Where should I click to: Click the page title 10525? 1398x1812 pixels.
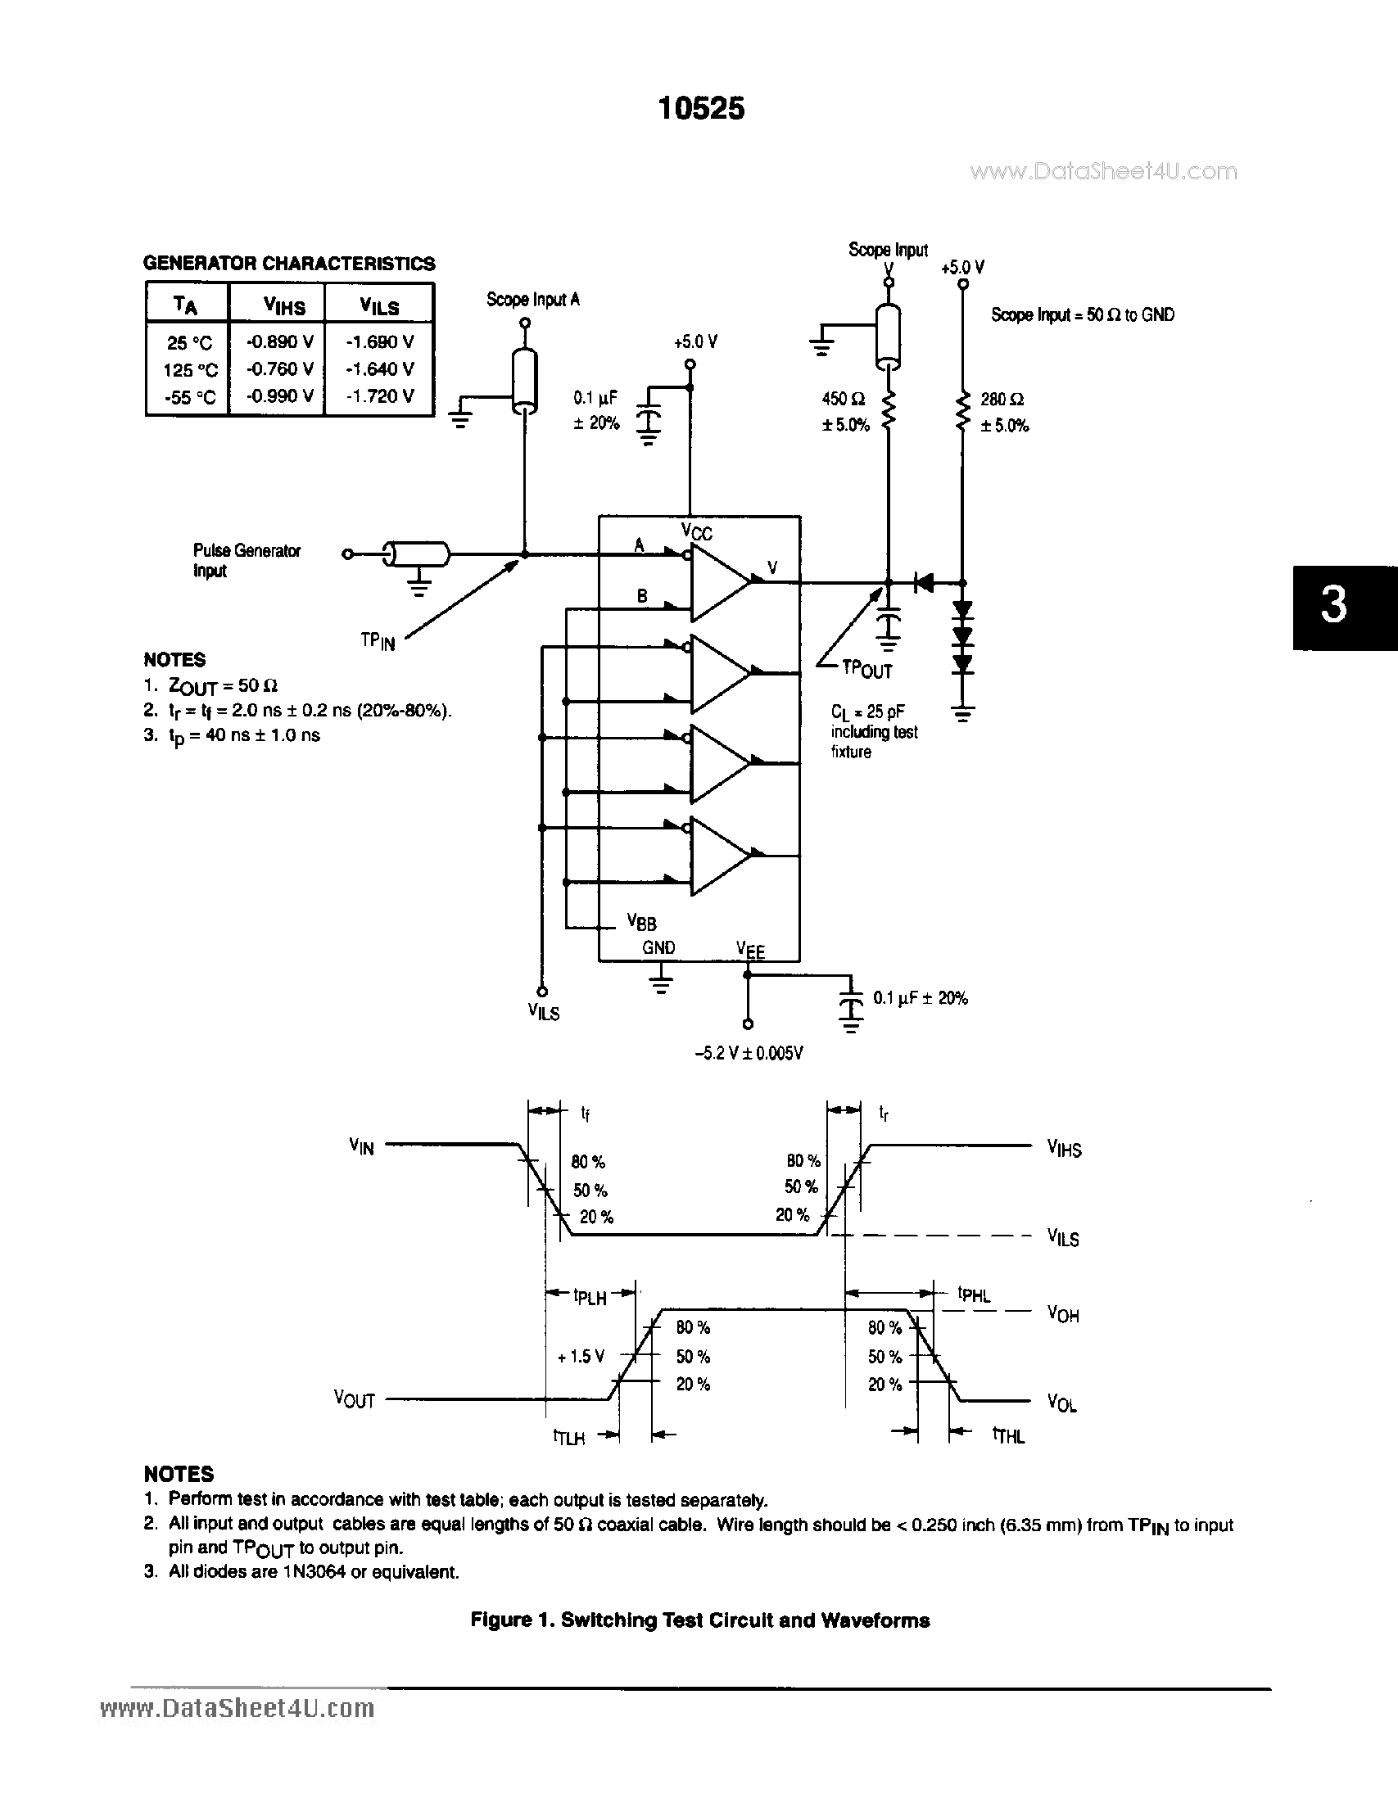[701, 109]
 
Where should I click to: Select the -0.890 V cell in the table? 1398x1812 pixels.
[279, 341]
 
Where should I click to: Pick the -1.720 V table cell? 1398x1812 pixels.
[379, 395]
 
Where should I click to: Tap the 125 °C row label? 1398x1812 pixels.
[190, 370]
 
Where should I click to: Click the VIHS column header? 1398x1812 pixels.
[283, 306]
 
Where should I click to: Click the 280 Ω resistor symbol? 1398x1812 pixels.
[962, 412]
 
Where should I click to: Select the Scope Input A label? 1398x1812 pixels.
[532, 300]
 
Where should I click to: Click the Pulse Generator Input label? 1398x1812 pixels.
[246, 560]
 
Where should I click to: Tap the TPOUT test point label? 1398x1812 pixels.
[866, 668]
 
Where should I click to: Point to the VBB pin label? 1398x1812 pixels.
[641, 921]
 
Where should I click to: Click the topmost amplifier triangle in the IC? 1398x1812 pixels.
[718, 581]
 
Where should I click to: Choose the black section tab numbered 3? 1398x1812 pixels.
[1344, 607]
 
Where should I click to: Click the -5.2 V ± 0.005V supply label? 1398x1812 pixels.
[749, 1053]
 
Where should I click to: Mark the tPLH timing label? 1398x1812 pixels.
[590, 1296]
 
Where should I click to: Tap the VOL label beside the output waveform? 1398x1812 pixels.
[1061, 1403]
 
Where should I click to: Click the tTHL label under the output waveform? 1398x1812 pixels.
[1008, 1435]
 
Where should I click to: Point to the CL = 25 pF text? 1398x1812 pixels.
[867, 712]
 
